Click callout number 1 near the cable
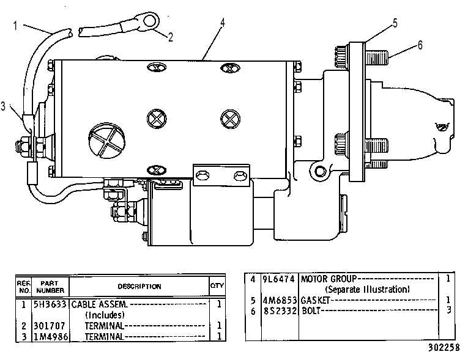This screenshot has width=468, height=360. pos(15,26)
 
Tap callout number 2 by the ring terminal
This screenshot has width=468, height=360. pos(171,37)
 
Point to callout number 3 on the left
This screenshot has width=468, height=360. pos(3,106)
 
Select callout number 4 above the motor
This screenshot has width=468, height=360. pos(222,23)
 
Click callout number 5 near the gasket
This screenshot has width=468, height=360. pos(395,23)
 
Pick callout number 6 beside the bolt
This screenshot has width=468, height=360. pos(420,45)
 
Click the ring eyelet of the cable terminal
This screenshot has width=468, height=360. pos(150,21)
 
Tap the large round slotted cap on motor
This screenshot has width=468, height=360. pos(106,139)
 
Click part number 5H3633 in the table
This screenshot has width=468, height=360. pos(50,304)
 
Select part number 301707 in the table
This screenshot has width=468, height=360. pos(50,325)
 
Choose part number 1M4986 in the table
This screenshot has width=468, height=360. pos(50,336)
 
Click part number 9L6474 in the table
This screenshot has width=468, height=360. pos(279,279)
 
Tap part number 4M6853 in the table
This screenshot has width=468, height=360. pos(280,300)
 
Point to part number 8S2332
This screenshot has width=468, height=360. pos(280,310)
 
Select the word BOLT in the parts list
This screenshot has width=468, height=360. pos(311,310)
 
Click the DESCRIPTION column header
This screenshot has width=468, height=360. pos(139,286)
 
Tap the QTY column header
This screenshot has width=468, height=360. pos(217,285)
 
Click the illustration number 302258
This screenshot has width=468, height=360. pos(444,348)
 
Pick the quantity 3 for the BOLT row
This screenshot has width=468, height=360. pos(448,310)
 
